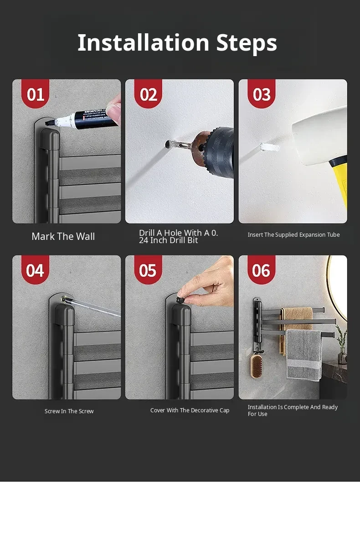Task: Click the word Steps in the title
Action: click(x=247, y=43)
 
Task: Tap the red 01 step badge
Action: click(x=35, y=93)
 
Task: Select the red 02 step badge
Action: click(x=148, y=93)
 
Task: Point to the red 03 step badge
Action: click(x=261, y=93)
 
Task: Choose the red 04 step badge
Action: click(x=35, y=270)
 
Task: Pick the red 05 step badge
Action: click(x=148, y=270)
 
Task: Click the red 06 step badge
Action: click(x=261, y=270)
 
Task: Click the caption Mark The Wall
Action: click(x=63, y=237)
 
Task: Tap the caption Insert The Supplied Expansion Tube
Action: click(x=293, y=235)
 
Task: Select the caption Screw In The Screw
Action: click(x=69, y=411)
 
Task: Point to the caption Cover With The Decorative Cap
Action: click(x=190, y=410)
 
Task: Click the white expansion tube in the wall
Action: click(x=269, y=147)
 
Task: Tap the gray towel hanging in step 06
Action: click(x=304, y=355)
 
